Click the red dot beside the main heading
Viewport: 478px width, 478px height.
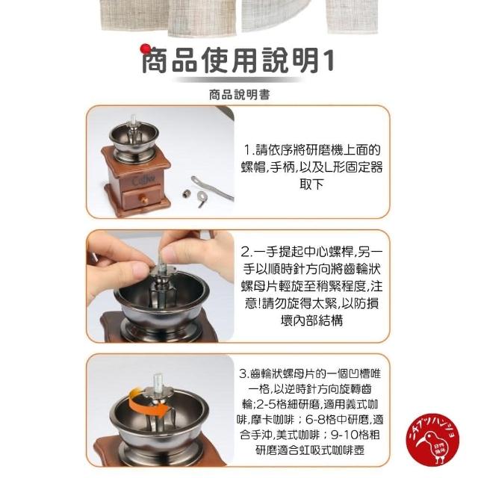146,49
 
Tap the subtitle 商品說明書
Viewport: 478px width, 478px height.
239,95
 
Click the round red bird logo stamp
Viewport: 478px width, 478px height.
432,440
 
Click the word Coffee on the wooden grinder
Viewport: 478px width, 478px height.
143,181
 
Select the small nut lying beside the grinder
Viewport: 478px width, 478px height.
186,194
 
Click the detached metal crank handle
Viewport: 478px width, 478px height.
211,187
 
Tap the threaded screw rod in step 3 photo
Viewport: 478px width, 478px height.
158,382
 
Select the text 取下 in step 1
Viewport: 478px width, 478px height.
311,184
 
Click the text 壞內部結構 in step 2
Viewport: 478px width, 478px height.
311,320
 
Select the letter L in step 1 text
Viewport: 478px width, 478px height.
329,167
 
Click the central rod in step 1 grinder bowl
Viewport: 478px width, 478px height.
133,128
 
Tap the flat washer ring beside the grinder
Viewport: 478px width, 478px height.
202,196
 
